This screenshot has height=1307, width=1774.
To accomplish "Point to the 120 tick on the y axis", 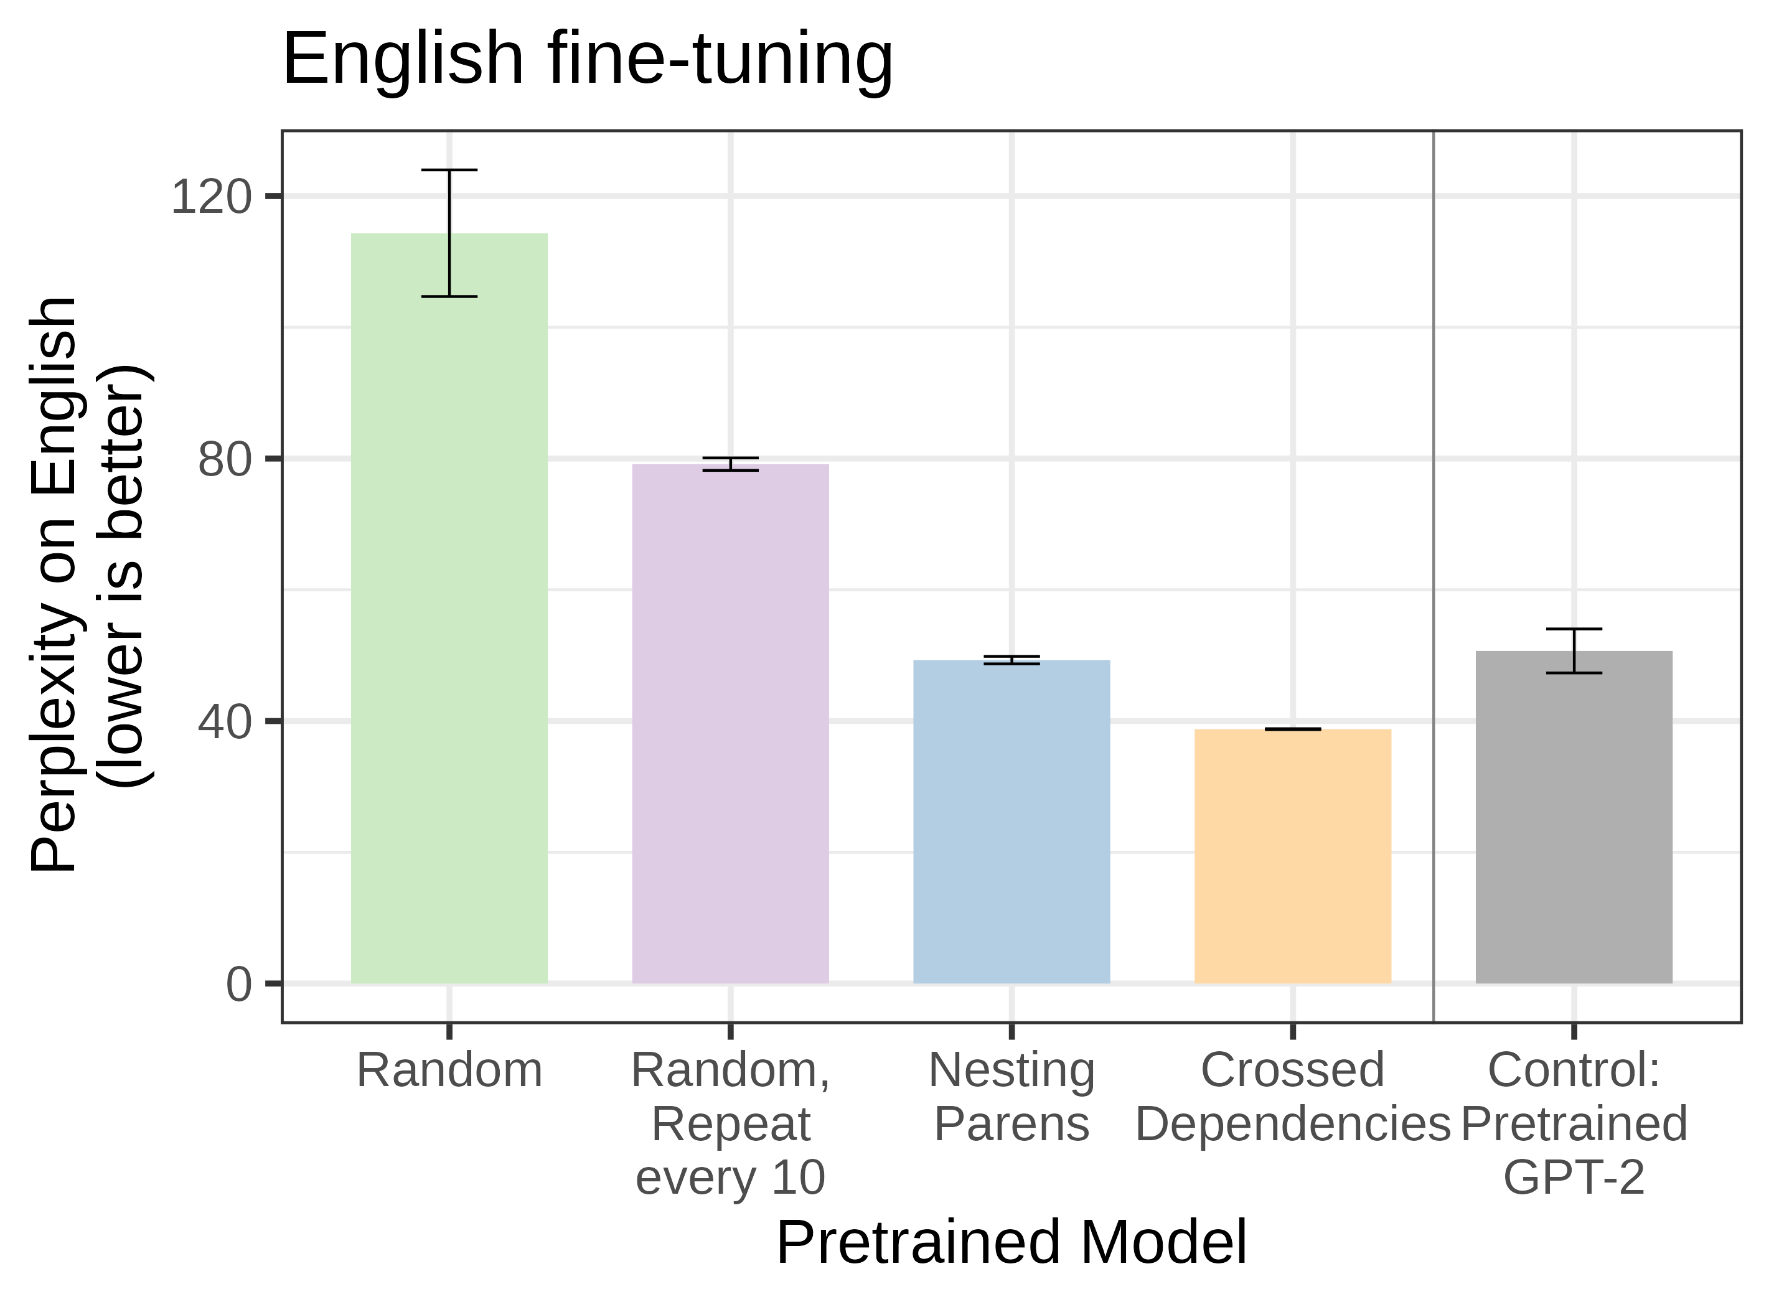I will coord(210,196).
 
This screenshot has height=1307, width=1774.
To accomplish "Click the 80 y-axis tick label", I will coord(224,459).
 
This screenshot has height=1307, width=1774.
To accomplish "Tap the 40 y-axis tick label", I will coord(224,721).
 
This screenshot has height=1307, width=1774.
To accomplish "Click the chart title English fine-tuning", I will coord(587,59).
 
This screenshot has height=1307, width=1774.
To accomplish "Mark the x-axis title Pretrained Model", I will coord(1011,1243).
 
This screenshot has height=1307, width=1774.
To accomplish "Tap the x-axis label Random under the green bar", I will coord(449,1070).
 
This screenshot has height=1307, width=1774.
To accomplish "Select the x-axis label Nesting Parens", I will coord(1011,1097).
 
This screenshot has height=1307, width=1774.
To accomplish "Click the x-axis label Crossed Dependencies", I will coord(1292,1097).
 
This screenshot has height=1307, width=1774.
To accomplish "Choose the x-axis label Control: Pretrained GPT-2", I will coord(1573,1123).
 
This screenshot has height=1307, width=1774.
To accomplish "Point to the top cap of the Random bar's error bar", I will coord(449,170).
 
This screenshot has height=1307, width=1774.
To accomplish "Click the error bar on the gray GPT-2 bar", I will coord(1574,650).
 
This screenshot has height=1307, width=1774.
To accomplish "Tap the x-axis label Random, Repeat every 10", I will coord(730,1123).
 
